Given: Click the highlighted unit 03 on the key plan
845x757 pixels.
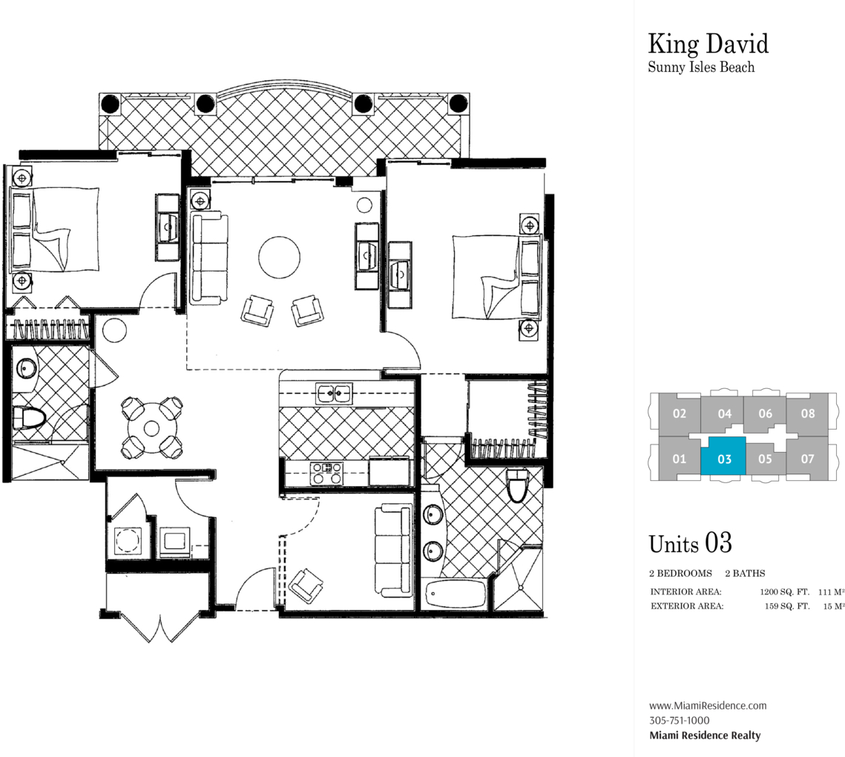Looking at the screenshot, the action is pos(723,456).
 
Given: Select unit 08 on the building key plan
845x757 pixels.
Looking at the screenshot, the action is pos(807,413).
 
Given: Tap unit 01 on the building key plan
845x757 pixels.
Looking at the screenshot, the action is pos(679,459).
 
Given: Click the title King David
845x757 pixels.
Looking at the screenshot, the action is pos(708,45).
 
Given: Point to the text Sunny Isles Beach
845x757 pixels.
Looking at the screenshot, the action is pos(701,68).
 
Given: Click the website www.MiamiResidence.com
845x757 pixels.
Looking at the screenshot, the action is pos(708,705).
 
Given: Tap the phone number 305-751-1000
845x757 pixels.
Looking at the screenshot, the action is pos(679,721).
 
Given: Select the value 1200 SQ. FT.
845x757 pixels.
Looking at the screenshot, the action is pos(785,591).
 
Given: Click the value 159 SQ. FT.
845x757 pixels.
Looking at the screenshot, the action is pos(787,606).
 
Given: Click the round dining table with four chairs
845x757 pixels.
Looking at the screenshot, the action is pos(152,428).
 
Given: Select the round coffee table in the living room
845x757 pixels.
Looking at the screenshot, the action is pos(279,258).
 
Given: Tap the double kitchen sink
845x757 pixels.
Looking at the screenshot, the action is pos(334,393).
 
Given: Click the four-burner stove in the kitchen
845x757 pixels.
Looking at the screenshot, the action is pos(326,473).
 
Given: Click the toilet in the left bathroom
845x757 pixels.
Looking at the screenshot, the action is pos(29,418).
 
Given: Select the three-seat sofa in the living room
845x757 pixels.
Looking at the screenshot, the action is pos(209,258).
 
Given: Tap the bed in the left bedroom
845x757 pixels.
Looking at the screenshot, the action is pos(54,229).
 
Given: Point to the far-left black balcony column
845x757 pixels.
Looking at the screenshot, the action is pos(110,103).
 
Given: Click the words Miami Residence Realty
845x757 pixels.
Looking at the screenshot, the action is pos(705,735).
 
